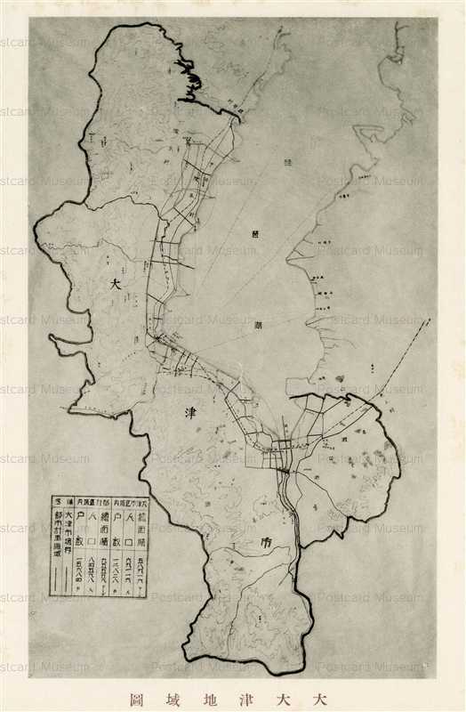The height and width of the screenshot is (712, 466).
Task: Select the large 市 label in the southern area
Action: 242,540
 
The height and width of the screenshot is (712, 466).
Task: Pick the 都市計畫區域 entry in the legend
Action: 57,534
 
